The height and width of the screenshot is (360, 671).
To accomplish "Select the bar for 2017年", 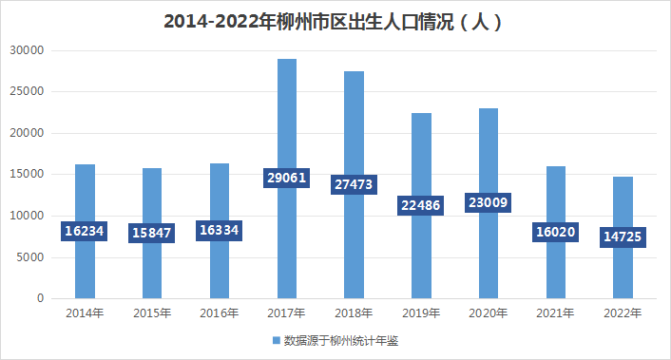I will (286, 123).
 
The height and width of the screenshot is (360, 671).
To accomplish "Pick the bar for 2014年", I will (85, 266).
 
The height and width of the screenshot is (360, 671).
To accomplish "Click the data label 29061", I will (286, 178).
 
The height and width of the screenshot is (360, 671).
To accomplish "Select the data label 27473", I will (354, 184).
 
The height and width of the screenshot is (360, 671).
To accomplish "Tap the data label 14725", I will (623, 237).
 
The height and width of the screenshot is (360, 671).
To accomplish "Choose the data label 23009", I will (489, 202).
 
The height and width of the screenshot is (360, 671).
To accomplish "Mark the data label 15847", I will (152, 233).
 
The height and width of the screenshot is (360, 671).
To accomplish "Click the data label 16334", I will (220, 231).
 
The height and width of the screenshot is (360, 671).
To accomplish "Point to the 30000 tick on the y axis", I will (29, 50).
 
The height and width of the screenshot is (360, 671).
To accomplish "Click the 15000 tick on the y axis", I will (29, 175).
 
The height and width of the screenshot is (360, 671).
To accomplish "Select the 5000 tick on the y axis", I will (31, 257).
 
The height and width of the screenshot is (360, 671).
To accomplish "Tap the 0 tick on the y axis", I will (41, 299).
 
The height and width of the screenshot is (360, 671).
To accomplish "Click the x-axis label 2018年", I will (354, 313).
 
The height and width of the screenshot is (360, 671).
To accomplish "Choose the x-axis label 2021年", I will (556, 313).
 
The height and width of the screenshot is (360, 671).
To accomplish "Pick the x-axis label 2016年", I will (220, 313).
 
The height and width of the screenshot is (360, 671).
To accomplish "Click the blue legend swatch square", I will (278, 340).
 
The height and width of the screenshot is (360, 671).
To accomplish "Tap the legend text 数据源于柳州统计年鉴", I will (340, 340).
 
